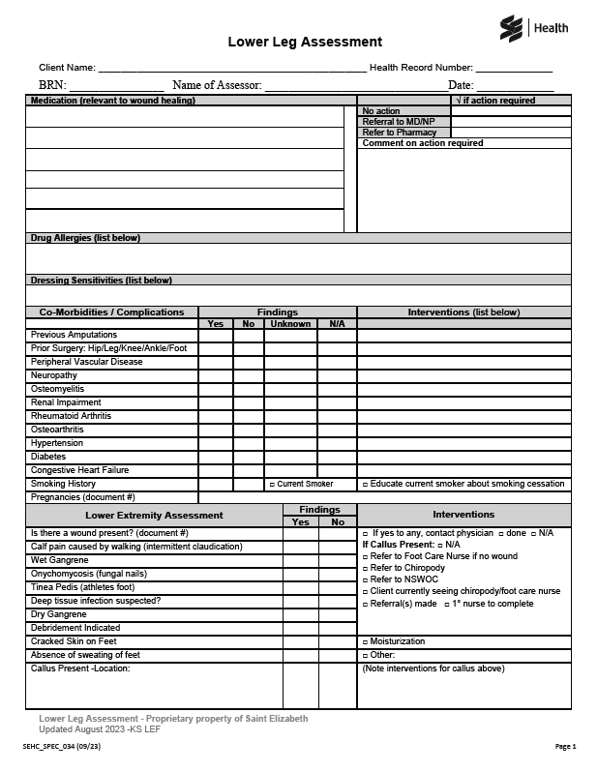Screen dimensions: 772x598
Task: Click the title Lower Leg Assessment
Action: (305, 42)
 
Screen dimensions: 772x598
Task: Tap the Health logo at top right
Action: (534, 29)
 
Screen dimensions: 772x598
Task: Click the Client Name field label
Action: (67, 68)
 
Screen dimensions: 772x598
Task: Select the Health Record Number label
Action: (421, 68)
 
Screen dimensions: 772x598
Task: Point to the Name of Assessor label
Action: (217, 86)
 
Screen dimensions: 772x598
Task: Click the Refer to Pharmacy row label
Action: (399, 133)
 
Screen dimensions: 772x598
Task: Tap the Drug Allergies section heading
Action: (85, 238)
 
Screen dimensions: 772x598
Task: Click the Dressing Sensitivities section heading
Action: (101, 281)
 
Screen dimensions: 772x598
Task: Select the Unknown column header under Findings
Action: (290, 324)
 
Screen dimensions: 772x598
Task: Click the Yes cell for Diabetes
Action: (216, 457)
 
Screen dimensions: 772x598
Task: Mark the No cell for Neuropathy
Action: (249, 375)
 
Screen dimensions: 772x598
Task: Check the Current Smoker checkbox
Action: (272, 484)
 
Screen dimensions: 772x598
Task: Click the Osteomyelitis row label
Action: (57, 389)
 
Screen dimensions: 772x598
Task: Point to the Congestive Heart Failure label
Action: (79, 470)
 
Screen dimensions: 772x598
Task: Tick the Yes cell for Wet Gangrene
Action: (301, 560)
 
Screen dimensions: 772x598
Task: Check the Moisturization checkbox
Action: (365, 642)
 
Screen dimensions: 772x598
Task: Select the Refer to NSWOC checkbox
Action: (365, 579)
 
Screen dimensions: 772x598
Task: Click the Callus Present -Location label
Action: (79, 668)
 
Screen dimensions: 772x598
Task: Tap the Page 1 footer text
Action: (565, 747)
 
